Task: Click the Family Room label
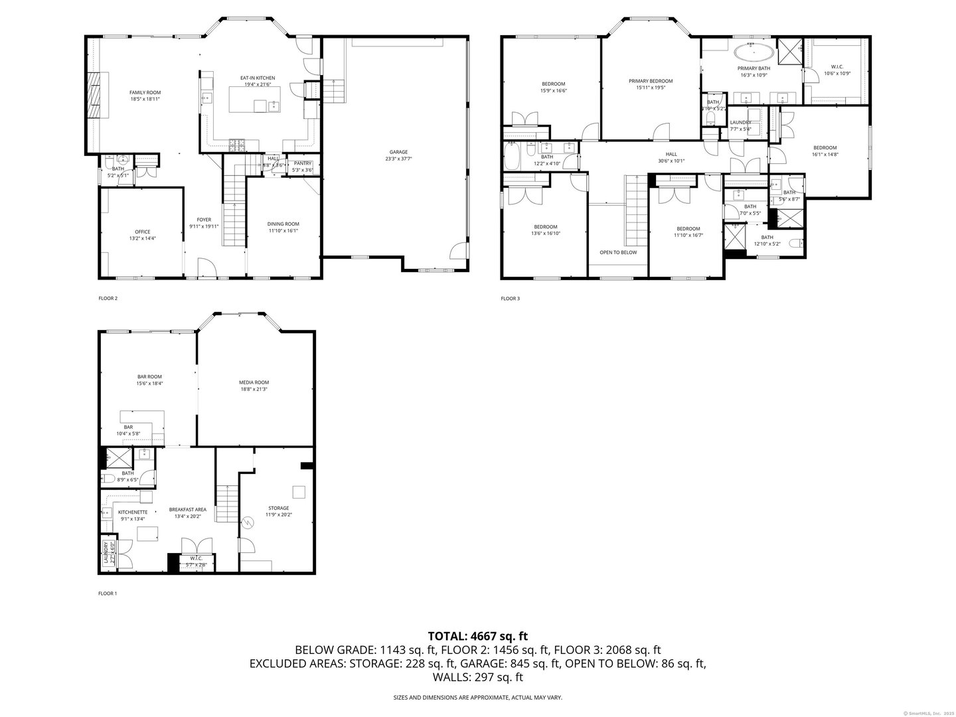145,93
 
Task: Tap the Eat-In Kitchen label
258,78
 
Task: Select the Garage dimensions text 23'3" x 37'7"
398,159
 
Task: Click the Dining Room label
283,224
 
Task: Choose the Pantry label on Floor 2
302,163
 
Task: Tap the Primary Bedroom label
651,81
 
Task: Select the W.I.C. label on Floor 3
836,66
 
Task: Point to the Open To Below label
618,252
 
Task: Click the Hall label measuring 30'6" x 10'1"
671,154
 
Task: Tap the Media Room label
254,382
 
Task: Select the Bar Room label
149,376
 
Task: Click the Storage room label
279,508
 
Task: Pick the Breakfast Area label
187,509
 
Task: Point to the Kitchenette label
133,513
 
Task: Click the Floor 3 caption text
510,299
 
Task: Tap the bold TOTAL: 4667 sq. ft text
478,636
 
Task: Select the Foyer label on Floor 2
204,220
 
